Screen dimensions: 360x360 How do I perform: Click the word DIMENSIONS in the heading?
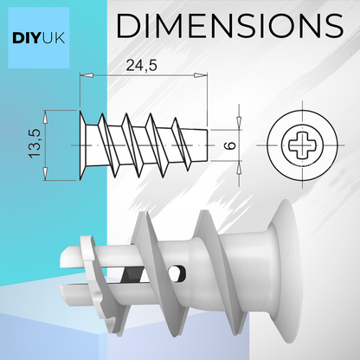(x=229, y=26)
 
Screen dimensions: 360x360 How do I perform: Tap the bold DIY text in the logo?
(x=27, y=38)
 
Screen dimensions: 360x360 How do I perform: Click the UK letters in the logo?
(x=54, y=38)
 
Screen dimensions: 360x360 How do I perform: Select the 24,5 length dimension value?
(x=141, y=66)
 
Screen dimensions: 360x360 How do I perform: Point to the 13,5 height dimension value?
(x=35, y=144)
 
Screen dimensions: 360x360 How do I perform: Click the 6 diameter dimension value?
(x=230, y=145)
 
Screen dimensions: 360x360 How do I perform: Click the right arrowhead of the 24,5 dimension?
(x=200, y=75)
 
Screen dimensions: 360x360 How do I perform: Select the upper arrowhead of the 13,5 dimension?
(x=45, y=117)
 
